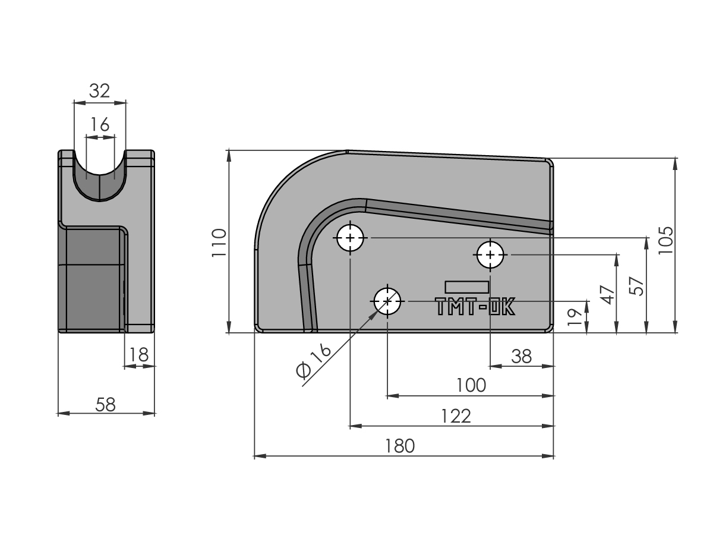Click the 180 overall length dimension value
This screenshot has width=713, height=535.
[399, 446]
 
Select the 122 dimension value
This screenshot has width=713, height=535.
[455, 416]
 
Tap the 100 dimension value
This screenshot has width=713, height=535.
[471, 386]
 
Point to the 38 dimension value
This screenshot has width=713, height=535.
[521, 356]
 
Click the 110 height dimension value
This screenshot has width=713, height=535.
[219, 243]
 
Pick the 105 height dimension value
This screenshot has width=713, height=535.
[665, 240]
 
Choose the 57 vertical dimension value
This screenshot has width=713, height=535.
[636, 286]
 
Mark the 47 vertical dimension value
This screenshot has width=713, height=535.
[607, 295]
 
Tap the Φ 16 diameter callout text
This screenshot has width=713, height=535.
[314, 361]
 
